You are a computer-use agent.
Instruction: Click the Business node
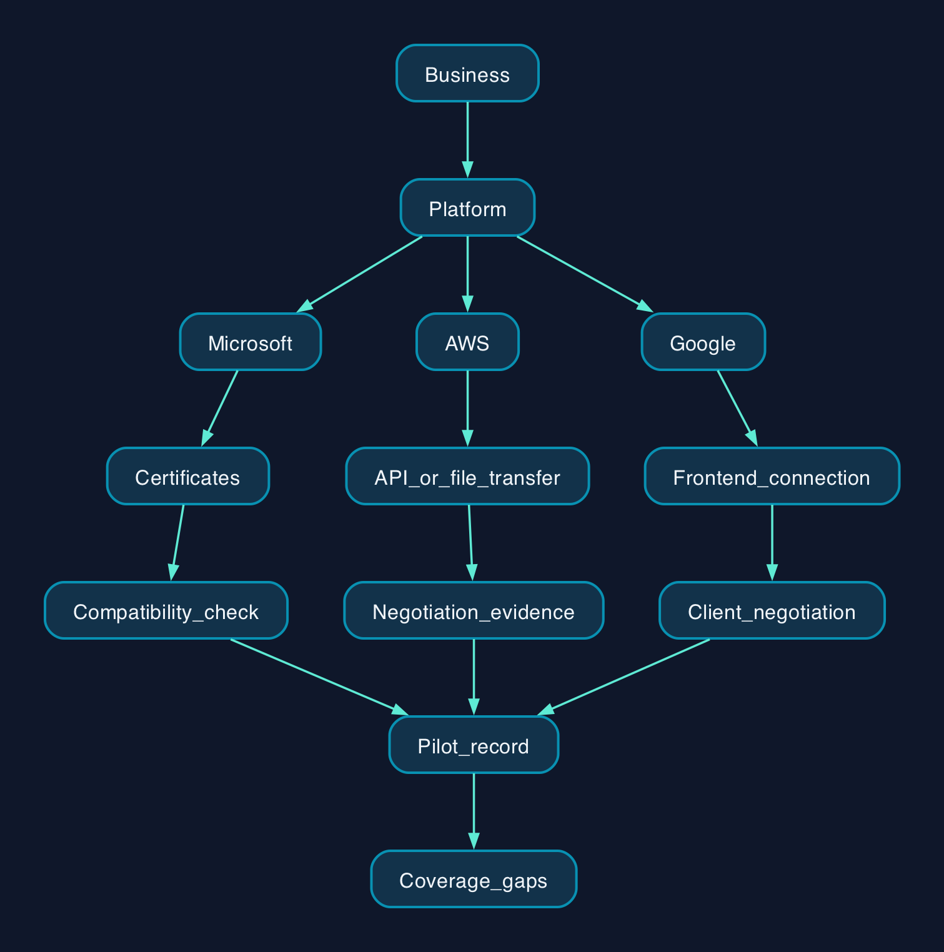coord(467,73)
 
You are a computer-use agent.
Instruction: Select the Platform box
coord(467,207)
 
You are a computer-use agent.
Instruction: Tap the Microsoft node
coord(250,342)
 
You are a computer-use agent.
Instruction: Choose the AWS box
coord(467,342)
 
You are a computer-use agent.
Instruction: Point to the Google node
coord(703,342)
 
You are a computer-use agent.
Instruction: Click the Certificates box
coord(188,476)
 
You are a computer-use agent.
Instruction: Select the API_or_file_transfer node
coord(467,476)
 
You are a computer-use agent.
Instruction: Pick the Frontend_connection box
coord(772,476)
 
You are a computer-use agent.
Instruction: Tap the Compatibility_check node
coord(166,610)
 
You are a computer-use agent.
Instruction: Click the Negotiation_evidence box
coord(474,610)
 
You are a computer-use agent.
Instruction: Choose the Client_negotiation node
coord(772,610)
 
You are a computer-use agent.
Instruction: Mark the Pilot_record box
coord(474,745)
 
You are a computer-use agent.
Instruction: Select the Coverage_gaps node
coord(474,879)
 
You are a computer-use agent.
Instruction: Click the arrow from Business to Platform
coord(467,140)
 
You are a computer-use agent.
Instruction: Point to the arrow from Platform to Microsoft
coord(359,274)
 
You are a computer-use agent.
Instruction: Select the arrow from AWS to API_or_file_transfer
coord(467,409)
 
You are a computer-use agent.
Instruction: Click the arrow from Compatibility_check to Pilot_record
coord(319,677)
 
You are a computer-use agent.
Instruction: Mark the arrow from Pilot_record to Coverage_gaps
coord(474,811)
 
